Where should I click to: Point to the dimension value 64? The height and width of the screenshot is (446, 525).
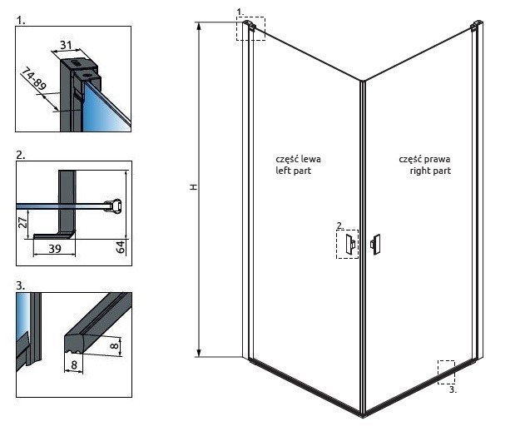122,247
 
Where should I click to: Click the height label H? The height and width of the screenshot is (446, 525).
193,188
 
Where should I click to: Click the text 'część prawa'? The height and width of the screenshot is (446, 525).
424,158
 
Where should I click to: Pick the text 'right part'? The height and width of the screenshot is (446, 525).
430,170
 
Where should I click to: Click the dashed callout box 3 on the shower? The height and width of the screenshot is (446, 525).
447,372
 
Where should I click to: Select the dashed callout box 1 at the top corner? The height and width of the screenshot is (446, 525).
250,28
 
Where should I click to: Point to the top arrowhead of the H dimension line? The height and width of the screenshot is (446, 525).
199,26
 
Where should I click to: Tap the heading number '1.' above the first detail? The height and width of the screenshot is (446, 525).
20,16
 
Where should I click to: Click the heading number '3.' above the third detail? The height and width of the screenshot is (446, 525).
20,285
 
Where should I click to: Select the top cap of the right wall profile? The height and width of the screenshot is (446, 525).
476,27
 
